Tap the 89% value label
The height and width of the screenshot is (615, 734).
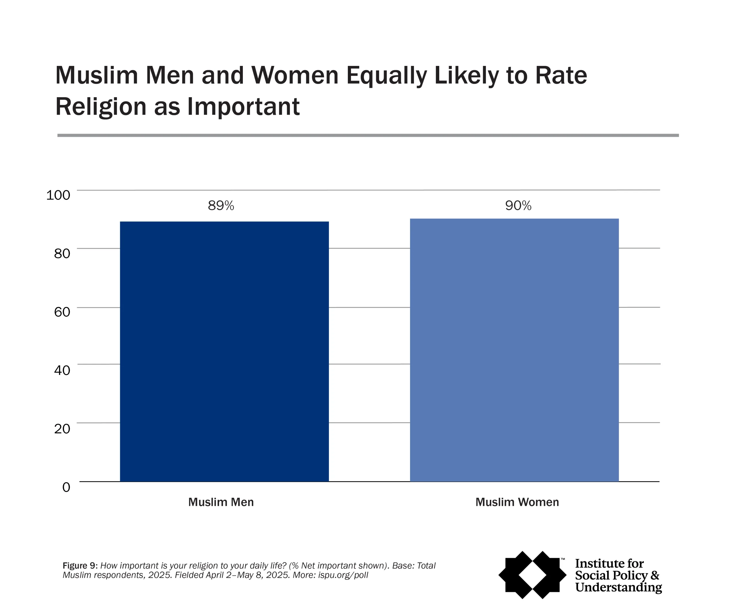coord(221,205)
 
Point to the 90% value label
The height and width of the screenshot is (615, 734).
coord(518,205)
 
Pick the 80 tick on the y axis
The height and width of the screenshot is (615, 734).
coord(62,253)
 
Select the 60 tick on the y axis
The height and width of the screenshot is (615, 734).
coord(62,312)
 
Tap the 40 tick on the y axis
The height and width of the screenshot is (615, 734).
coord(62,370)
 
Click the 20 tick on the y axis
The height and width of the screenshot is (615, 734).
coord(62,428)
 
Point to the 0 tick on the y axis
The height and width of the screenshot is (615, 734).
coord(66,487)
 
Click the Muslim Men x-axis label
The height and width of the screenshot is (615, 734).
coord(221,502)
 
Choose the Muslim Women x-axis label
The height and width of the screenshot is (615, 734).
coord(517,502)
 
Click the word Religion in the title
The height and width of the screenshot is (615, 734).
coord(101,107)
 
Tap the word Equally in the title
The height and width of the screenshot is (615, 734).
coord(386,76)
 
